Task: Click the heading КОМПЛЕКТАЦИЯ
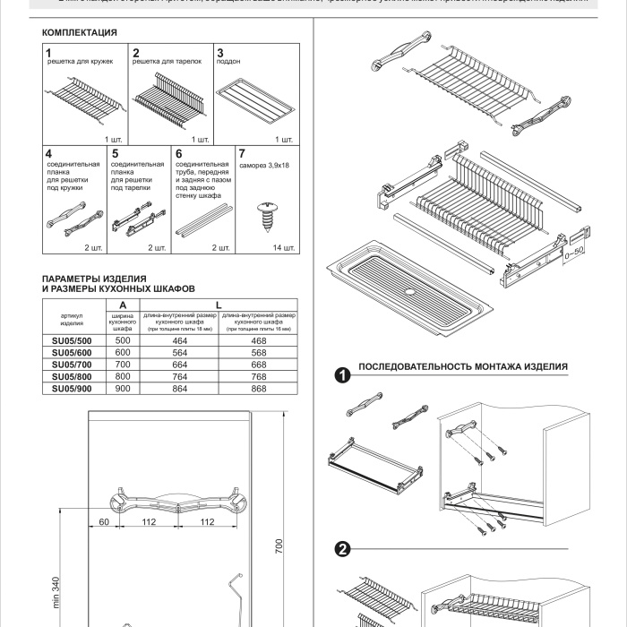(80, 32)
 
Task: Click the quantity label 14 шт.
(283, 247)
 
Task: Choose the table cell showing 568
(259, 352)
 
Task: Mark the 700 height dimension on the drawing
(279, 547)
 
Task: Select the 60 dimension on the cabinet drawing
(104, 521)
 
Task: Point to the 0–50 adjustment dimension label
(571, 251)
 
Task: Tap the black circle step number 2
(341, 550)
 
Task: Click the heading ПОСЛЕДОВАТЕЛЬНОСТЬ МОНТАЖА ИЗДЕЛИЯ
(462, 368)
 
